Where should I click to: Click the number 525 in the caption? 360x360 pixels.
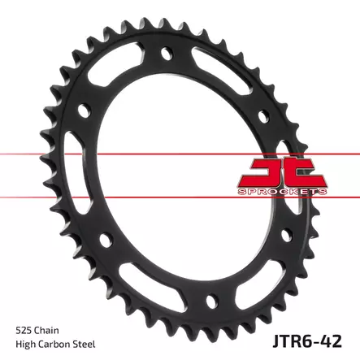24,331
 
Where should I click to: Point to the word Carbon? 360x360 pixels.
54,345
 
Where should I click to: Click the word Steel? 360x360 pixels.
85,345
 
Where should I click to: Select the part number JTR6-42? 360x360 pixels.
306,341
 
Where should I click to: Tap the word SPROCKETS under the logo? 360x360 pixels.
282,192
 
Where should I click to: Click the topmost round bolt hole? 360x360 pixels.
167,54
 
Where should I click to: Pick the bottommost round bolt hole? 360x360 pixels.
212,300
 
